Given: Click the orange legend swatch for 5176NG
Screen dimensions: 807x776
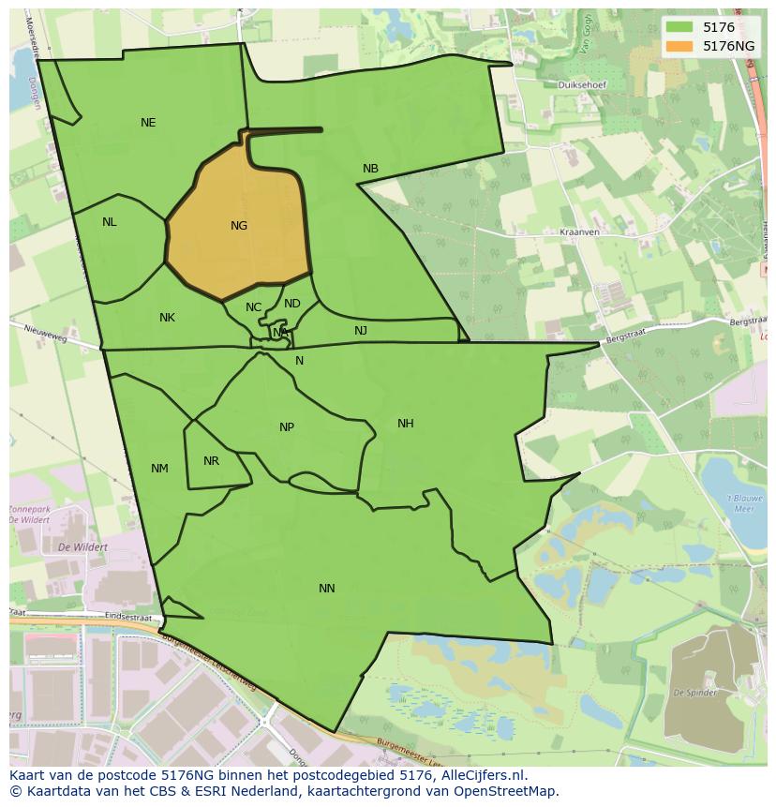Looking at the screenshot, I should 680,45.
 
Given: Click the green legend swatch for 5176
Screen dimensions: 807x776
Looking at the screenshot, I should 680,28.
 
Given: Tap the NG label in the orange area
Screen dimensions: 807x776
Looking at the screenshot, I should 239,226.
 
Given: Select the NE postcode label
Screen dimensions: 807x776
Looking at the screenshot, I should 148,123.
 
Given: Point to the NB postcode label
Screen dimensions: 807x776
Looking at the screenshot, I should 370,169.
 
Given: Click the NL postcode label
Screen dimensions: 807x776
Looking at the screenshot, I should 110,222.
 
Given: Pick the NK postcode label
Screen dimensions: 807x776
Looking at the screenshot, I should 167,318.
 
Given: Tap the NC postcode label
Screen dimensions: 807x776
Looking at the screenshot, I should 254,307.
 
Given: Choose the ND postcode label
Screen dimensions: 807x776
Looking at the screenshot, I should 292,304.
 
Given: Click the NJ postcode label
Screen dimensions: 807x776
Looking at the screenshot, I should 361,331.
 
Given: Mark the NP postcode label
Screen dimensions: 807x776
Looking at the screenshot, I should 287,427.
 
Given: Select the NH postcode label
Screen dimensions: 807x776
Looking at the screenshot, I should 405,424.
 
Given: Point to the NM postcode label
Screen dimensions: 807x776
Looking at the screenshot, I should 159,469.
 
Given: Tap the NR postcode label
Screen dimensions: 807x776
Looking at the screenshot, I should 211,461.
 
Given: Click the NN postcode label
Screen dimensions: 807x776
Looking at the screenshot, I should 326,589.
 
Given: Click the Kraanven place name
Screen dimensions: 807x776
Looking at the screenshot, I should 578,232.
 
